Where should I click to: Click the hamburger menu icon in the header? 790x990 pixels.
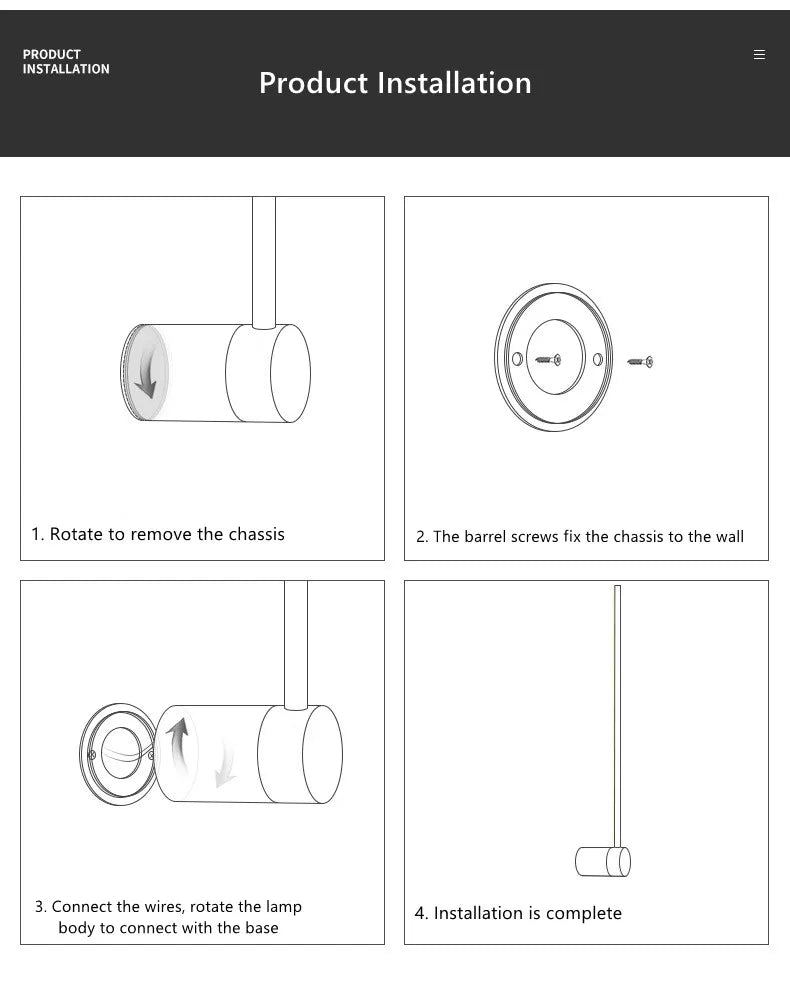point(759,55)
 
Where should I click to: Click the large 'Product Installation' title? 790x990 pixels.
point(395,83)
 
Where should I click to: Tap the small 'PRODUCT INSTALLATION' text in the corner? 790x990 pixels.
point(66,62)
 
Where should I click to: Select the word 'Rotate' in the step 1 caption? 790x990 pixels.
point(76,534)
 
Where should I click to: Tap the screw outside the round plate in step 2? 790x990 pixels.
point(640,361)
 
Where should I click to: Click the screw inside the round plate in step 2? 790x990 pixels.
point(548,360)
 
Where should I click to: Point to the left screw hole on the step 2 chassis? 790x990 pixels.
point(517,359)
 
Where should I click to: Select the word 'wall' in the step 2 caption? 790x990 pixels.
point(729,537)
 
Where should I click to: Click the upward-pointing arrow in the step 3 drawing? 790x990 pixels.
point(178,746)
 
